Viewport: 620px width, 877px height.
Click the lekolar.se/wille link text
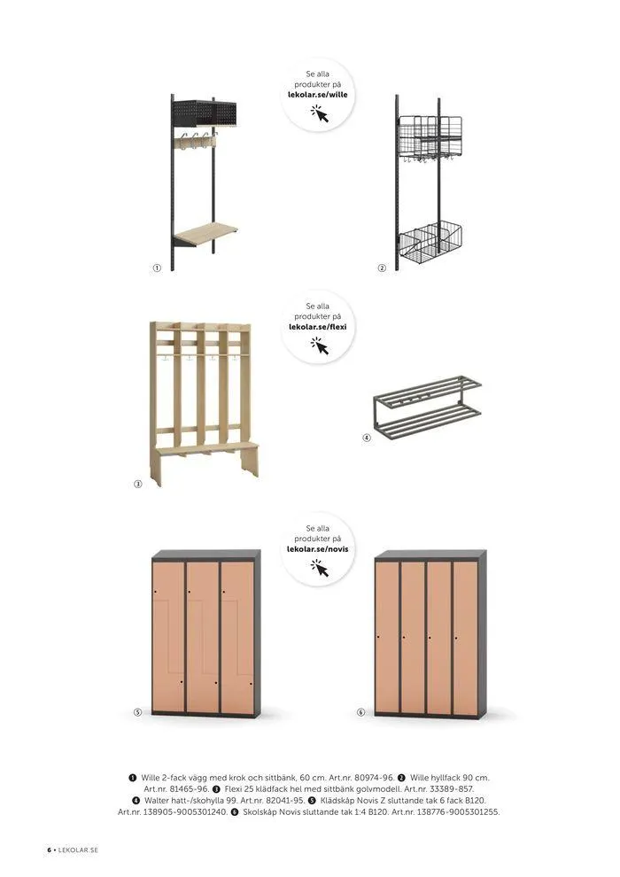(x=318, y=95)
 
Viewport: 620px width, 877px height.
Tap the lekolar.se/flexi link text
(x=318, y=327)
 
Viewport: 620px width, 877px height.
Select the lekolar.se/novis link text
(x=318, y=549)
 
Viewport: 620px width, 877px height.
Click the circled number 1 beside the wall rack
(x=157, y=268)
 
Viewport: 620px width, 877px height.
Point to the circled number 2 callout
(x=382, y=268)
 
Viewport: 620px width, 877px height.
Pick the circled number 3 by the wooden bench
(x=138, y=484)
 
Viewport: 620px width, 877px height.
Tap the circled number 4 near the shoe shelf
(x=367, y=438)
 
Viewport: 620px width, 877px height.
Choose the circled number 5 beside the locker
(x=138, y=712)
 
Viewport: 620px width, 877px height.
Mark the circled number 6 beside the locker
(x=361, y=712)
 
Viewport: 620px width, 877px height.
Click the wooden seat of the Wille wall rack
(x=205, y=233)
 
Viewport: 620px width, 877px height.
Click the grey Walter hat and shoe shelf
(x=428, y=407)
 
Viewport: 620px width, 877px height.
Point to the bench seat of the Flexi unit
(x=207, y=448)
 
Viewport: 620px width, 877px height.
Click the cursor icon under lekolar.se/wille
(x=321, y=113)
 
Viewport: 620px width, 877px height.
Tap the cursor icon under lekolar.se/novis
(x=321, y=568)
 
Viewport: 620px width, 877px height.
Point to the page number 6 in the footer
(x=49, y=850)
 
